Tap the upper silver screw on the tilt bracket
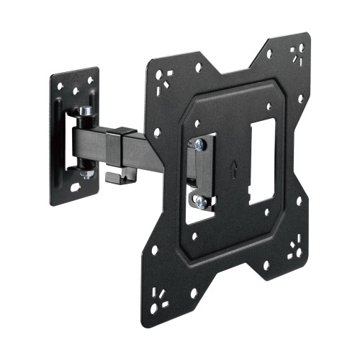[x=199, y=145]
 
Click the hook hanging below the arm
[x=114, y=175]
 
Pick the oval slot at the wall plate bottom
[x=74, y=189]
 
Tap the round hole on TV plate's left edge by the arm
[x=156, y=132]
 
